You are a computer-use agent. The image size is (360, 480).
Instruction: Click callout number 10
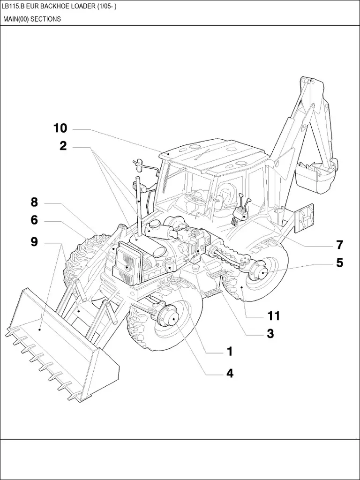click(60, 128)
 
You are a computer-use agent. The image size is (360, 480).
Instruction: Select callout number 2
click(63, 146)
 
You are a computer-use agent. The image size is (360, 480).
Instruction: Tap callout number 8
click(34, 202)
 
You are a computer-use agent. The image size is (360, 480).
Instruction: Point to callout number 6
click(34, 220)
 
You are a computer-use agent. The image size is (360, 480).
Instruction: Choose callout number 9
click(34, 242)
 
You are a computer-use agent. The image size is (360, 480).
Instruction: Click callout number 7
click(339, 245)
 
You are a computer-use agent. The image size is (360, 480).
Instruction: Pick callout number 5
click(339, 263)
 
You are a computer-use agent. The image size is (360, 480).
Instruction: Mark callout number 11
click(273, 316)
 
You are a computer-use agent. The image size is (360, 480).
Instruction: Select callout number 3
click(270, 334)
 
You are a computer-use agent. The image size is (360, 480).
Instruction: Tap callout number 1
click(230, 351)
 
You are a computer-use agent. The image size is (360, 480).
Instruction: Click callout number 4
click(230, 373)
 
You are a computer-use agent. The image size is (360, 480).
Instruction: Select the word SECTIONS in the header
click(45, 19)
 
